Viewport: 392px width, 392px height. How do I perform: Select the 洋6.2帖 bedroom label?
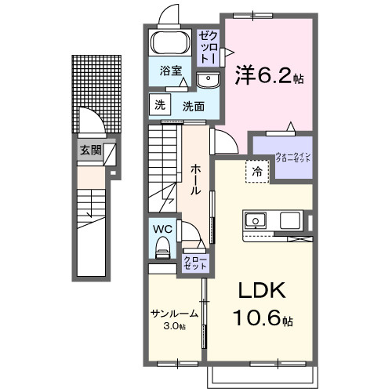[269, 76]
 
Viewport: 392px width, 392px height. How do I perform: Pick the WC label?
[163, 230]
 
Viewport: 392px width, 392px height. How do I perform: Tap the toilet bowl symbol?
[163, 249]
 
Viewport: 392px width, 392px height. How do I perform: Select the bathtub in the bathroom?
[170, 43]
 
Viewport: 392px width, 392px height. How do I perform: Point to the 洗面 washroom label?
[194, 106]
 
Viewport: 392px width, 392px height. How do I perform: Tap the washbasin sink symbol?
[208, 79]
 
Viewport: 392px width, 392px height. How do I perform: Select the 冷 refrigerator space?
[256, 170]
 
